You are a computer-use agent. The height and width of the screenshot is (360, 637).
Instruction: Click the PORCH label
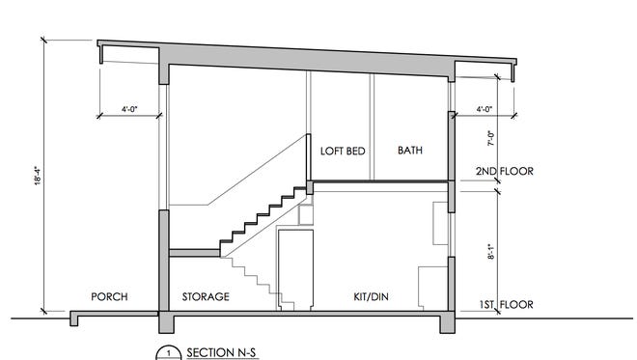(x=109, y=296)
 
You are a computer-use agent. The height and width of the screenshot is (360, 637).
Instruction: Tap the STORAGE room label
(x=206, y=296)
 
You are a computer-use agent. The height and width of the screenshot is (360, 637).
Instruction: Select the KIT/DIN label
(x=371, y=296)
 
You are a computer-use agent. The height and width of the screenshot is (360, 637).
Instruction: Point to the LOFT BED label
(x=343, y=152)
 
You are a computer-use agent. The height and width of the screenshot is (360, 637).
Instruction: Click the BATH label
(x=410, y=151)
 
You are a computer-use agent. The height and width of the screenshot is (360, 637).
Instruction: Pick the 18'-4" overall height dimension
(x=38, y=176)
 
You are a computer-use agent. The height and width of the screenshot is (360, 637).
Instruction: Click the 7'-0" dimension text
(x=490, y=138)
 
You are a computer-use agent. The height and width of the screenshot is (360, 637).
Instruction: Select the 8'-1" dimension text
(x=490, y=252)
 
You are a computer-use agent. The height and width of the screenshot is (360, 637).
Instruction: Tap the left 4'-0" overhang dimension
(x=129, y=109)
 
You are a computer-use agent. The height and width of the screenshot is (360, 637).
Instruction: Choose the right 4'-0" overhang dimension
(x=485, y=109)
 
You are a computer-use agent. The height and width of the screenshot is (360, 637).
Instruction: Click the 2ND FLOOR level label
(x=505, y=171)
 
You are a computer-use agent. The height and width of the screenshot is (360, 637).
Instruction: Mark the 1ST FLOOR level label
(x=506, y=304)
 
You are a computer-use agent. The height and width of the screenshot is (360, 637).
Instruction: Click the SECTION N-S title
(x=221, y=352)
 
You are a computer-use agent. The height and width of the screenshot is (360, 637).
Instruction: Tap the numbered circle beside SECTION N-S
(x=169, y=352)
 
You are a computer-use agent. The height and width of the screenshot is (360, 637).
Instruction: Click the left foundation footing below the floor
(x=166, y=322)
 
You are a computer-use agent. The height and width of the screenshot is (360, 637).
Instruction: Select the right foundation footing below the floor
(x=447, y=322)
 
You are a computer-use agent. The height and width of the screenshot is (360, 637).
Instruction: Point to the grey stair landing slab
(x=195, y=253)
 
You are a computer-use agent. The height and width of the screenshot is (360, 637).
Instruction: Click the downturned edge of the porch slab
(x=74, y=318)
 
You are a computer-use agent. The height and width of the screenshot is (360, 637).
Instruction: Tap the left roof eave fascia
(x=100, y=54)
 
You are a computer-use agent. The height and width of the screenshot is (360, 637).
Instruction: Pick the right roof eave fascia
(x=513, y=72)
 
